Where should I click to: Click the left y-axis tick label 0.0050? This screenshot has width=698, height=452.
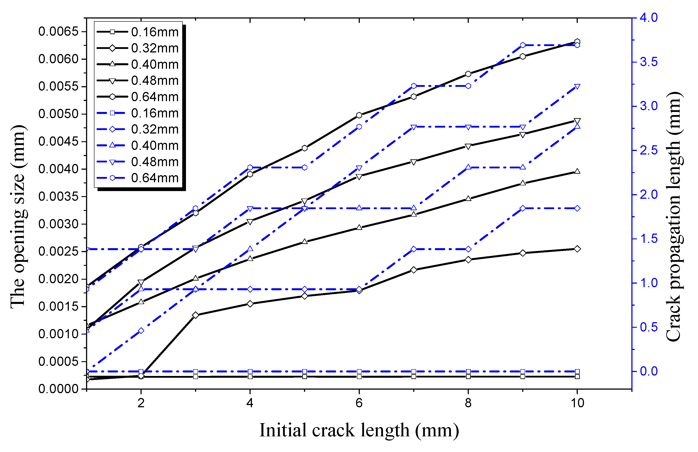click(x=58, y=114)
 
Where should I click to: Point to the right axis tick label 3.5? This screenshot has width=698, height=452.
click(x=649, y=62)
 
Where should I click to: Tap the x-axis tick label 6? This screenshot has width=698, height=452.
click(x=359, y=403)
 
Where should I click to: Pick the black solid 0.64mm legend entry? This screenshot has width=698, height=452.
click(x=138, y=97)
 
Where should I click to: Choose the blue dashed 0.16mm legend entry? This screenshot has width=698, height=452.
click(x=138, y=113)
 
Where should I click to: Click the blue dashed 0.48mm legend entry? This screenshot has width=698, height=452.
click(x=138, y=162)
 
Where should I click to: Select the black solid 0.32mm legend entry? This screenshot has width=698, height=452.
click(x=138, y=48)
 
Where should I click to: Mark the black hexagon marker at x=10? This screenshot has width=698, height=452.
click(x=577, y=42)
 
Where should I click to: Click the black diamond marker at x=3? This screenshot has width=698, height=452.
click(x=196, y=315)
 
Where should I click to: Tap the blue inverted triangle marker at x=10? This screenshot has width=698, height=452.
click(x=577, y=87)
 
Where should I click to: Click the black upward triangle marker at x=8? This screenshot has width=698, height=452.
click(x=468, y=199)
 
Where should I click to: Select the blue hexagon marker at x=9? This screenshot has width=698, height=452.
click(x=523, y=45)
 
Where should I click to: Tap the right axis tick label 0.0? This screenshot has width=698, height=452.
click(x=649, y=371)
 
